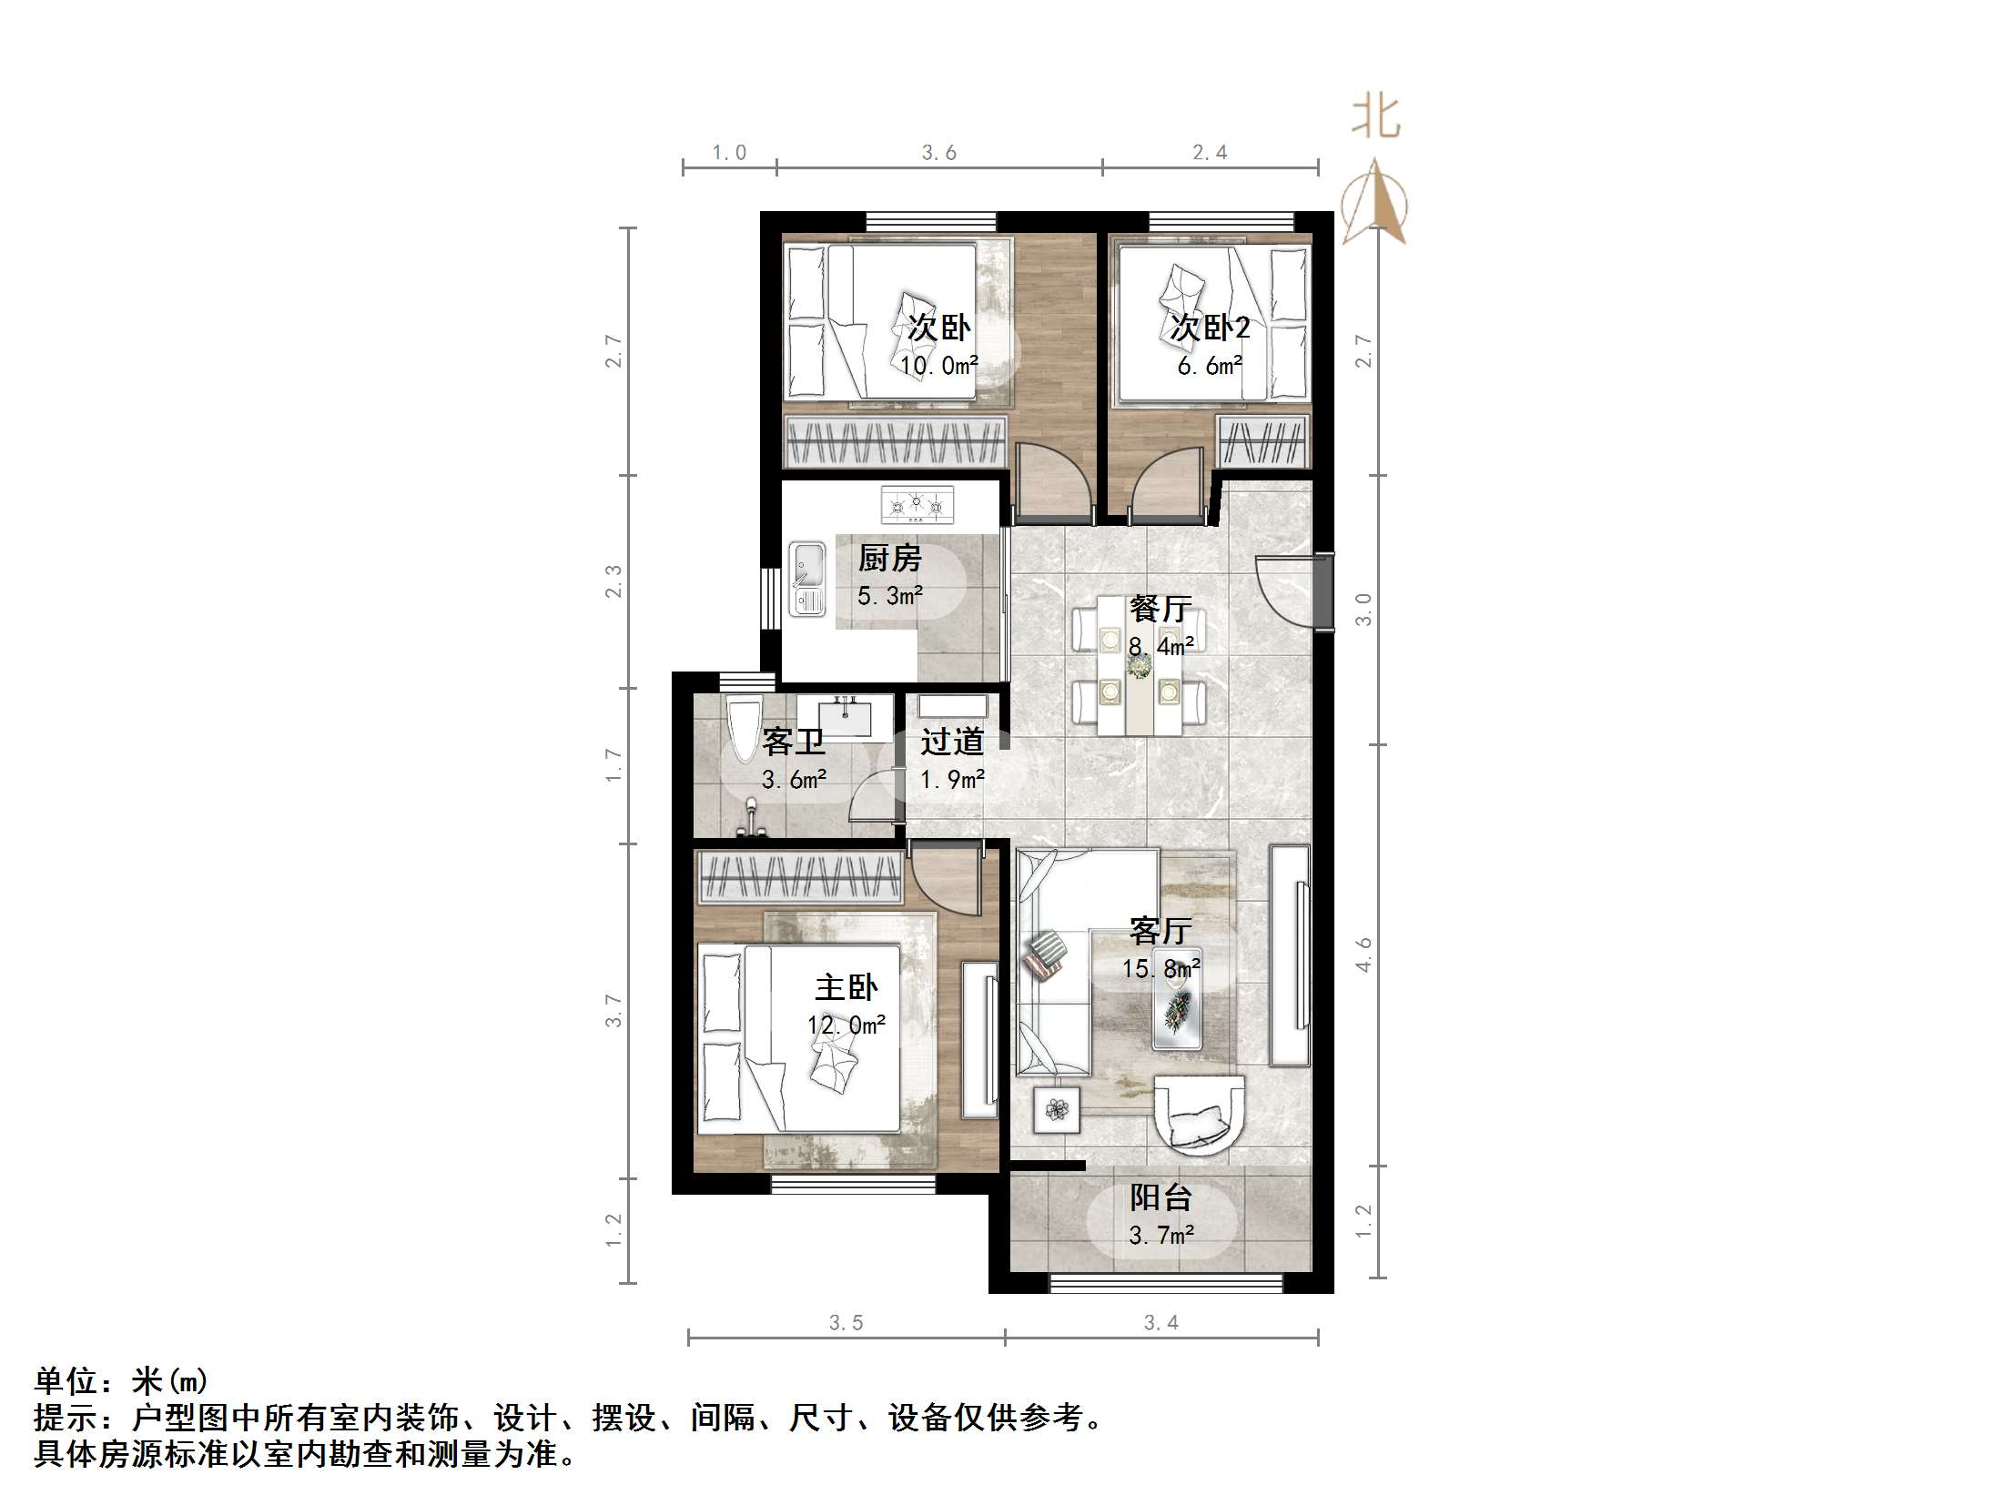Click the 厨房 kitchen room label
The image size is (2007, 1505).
pos(889,558)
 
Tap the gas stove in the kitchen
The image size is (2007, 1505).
pos(917,505)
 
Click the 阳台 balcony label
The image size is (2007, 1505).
pos(1161,1197)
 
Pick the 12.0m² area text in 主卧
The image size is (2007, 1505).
pos(846,1025)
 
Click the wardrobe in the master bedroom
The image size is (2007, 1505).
pos(798,879)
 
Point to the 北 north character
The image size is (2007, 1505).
pos(1374,117)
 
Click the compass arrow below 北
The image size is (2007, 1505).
pos(1375,202)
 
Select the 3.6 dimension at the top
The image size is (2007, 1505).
pos(938,153)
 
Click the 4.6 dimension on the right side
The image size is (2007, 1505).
pos(1363,955)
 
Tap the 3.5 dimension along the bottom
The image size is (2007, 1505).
pos(846,1323)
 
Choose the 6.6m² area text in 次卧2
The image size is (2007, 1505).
pos(1210,366)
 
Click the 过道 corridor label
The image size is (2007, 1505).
pos(952,742)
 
